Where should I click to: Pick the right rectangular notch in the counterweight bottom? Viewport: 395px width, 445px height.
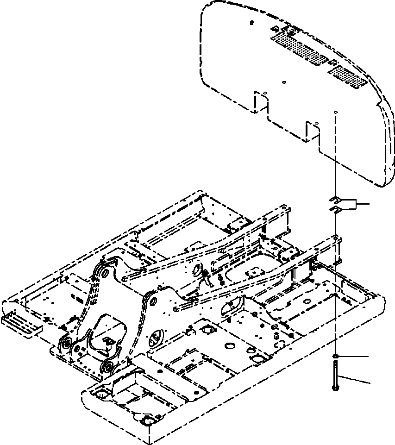[313, 131]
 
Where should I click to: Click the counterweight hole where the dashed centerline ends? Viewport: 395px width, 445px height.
[336, 113]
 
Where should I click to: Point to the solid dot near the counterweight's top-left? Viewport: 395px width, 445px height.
[251, 22]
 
